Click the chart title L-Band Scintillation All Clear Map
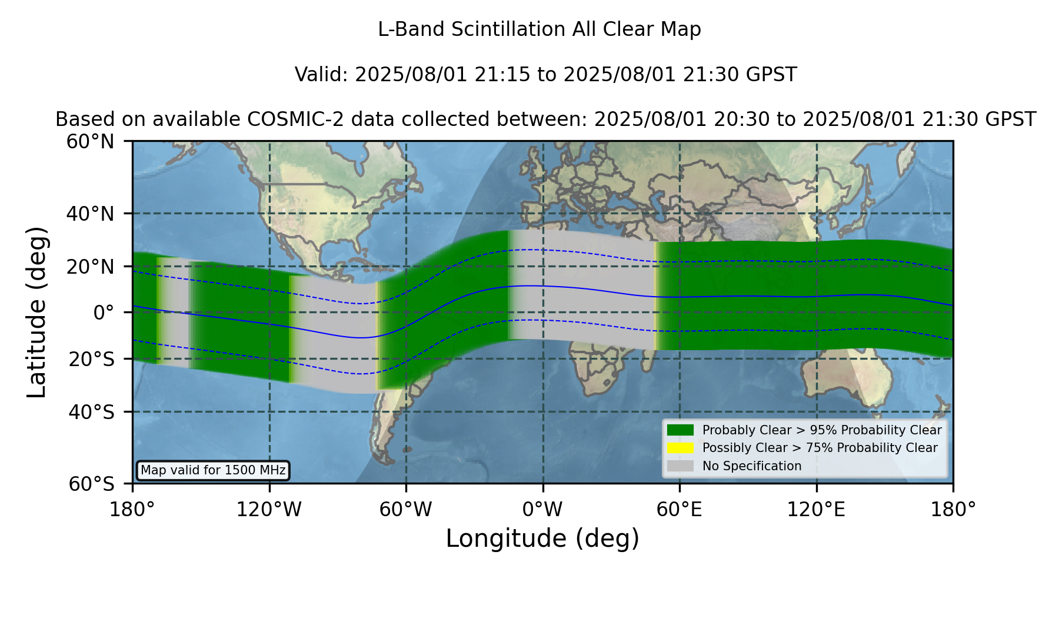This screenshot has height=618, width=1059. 539,29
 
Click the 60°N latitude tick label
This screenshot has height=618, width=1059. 91,142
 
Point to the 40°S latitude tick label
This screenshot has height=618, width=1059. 91,412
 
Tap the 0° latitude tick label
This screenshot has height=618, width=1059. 104,313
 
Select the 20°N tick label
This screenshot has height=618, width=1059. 91,267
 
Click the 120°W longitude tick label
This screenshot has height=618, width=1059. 269,510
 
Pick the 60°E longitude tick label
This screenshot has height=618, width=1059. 680,510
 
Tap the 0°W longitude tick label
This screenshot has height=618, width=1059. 543,510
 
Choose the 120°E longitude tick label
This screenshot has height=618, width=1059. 816,510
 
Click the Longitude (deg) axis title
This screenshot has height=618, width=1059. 542,539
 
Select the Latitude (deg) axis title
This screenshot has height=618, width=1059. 36,312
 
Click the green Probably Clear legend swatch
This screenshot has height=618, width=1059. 681,430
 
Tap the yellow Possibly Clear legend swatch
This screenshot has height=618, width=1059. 681,448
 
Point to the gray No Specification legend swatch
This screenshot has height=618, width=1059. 681,466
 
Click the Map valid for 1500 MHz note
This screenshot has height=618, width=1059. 213,470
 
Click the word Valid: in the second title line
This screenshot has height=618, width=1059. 322,75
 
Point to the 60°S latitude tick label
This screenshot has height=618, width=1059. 91,484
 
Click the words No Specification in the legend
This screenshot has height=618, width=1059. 752,466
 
